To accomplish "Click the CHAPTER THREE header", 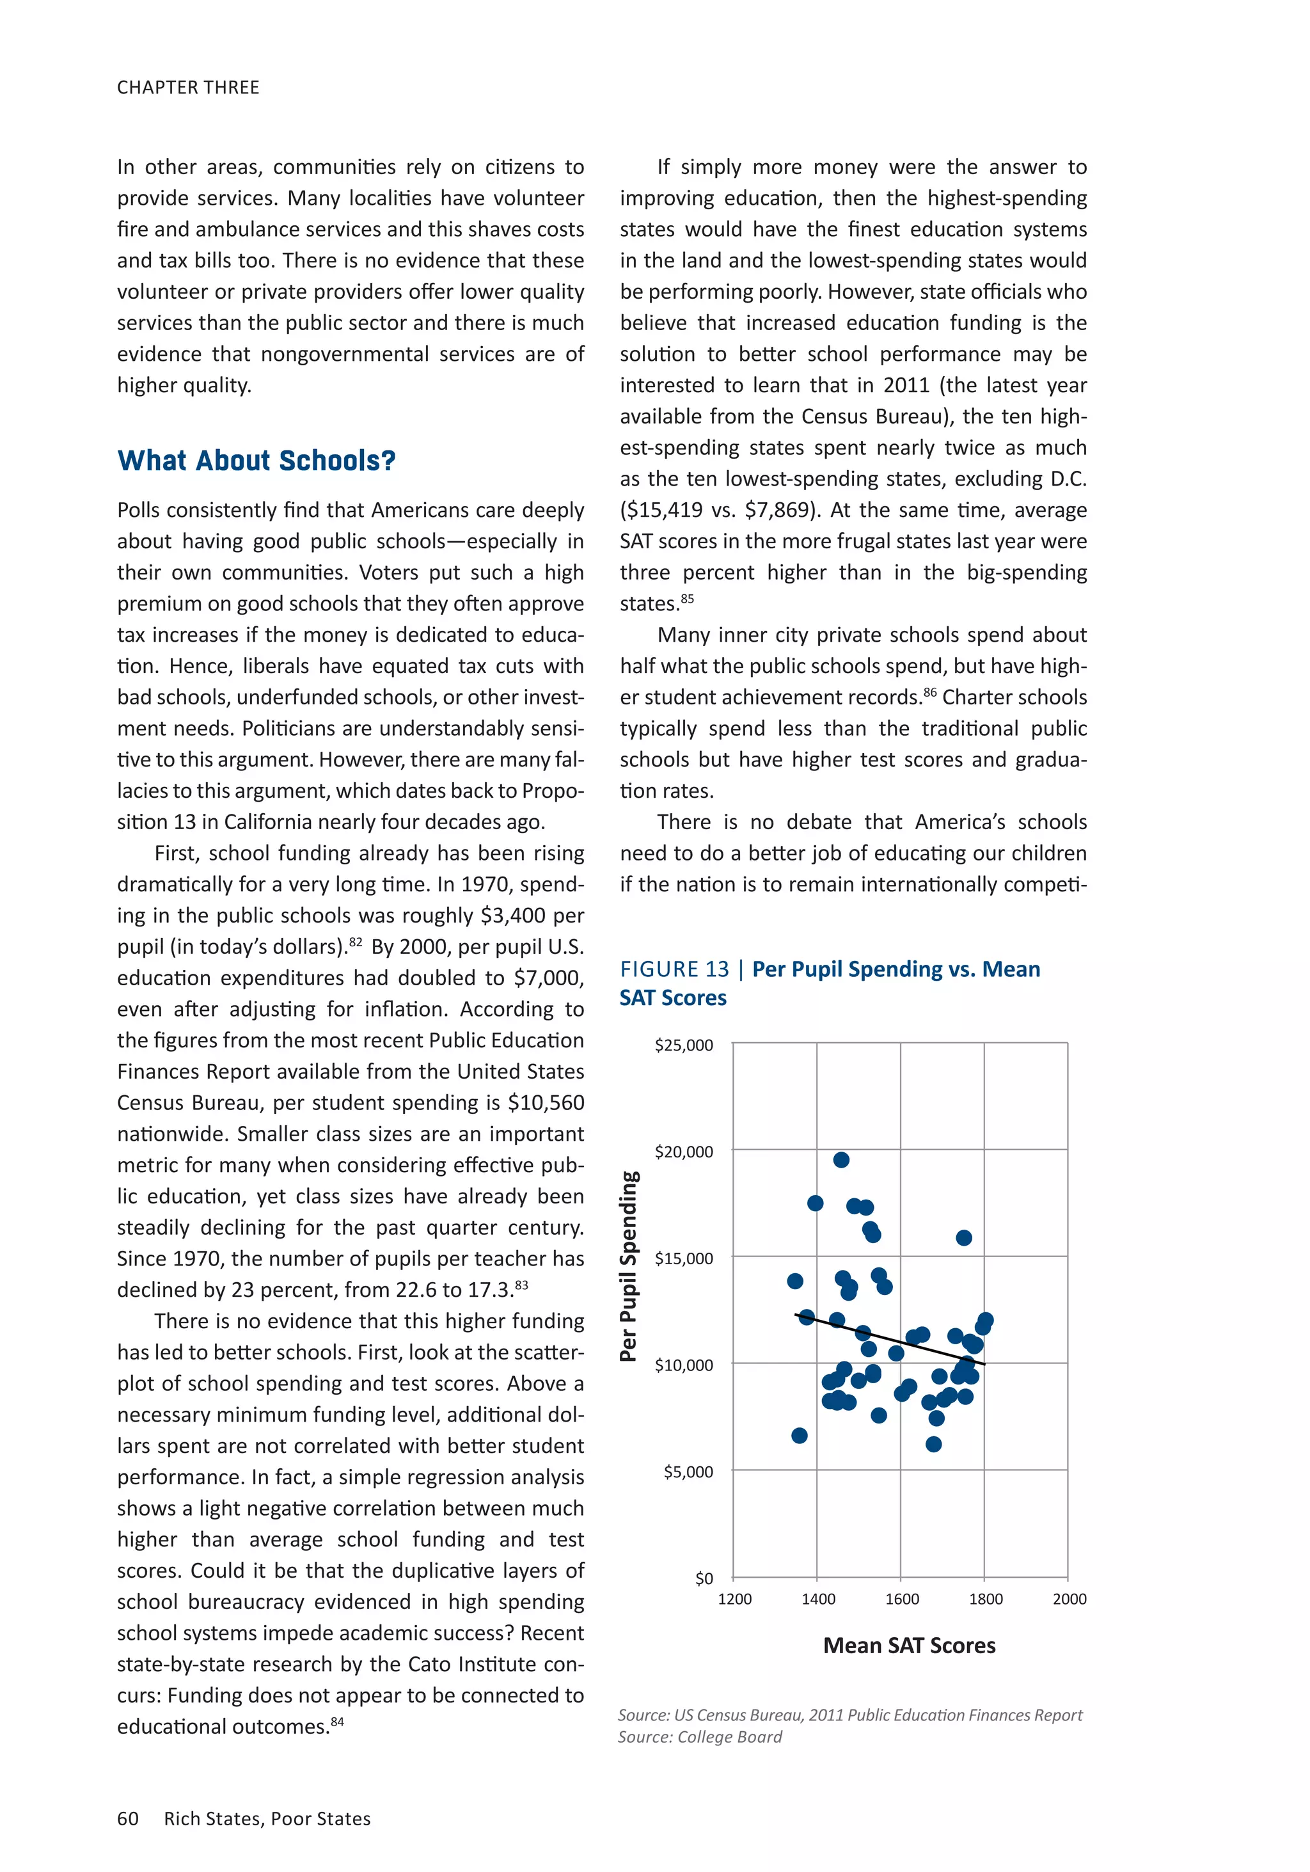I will [x=188, y=87].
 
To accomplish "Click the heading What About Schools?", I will [x=256, y=461].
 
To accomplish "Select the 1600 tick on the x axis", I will [x=902, y=1599].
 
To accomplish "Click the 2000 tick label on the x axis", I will [x=1069, y=1599].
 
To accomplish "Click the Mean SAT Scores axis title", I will [x=909, y=1646].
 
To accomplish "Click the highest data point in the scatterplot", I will [x=841, y=1159].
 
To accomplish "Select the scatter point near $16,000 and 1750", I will [x=963, y=1238].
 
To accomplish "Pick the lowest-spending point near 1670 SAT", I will [x=933, y=1444].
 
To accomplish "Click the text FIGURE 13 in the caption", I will [x=674, y=969].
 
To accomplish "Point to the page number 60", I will [x=128, y=1818].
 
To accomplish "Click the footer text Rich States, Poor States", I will [x=267, y=1818].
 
